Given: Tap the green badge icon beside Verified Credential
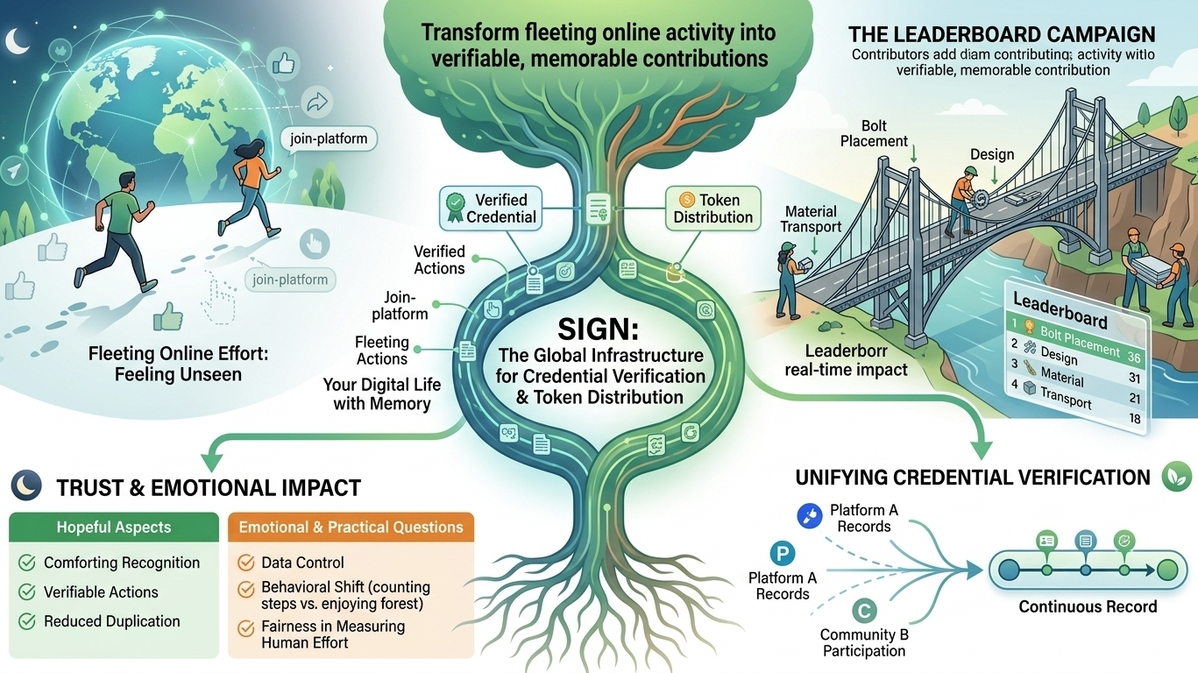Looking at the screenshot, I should pos(455,208).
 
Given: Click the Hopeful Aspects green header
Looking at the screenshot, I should pos(114,527).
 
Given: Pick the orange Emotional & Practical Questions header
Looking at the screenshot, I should pos(351,527).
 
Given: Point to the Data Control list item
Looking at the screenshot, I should pos(302,563).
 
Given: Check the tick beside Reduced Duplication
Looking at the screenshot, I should pos(27,621).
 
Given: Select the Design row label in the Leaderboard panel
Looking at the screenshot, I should pos(1059,355).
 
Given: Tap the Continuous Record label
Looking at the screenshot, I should pos(1088,606).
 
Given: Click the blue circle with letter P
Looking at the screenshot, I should pos(782,554).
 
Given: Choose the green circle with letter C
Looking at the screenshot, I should pos(863,611).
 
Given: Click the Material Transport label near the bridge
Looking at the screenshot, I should pos(811,219).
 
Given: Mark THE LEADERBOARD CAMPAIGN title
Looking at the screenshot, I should pos(1002,35).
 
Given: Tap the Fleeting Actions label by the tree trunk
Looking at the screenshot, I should pos(382,351).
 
